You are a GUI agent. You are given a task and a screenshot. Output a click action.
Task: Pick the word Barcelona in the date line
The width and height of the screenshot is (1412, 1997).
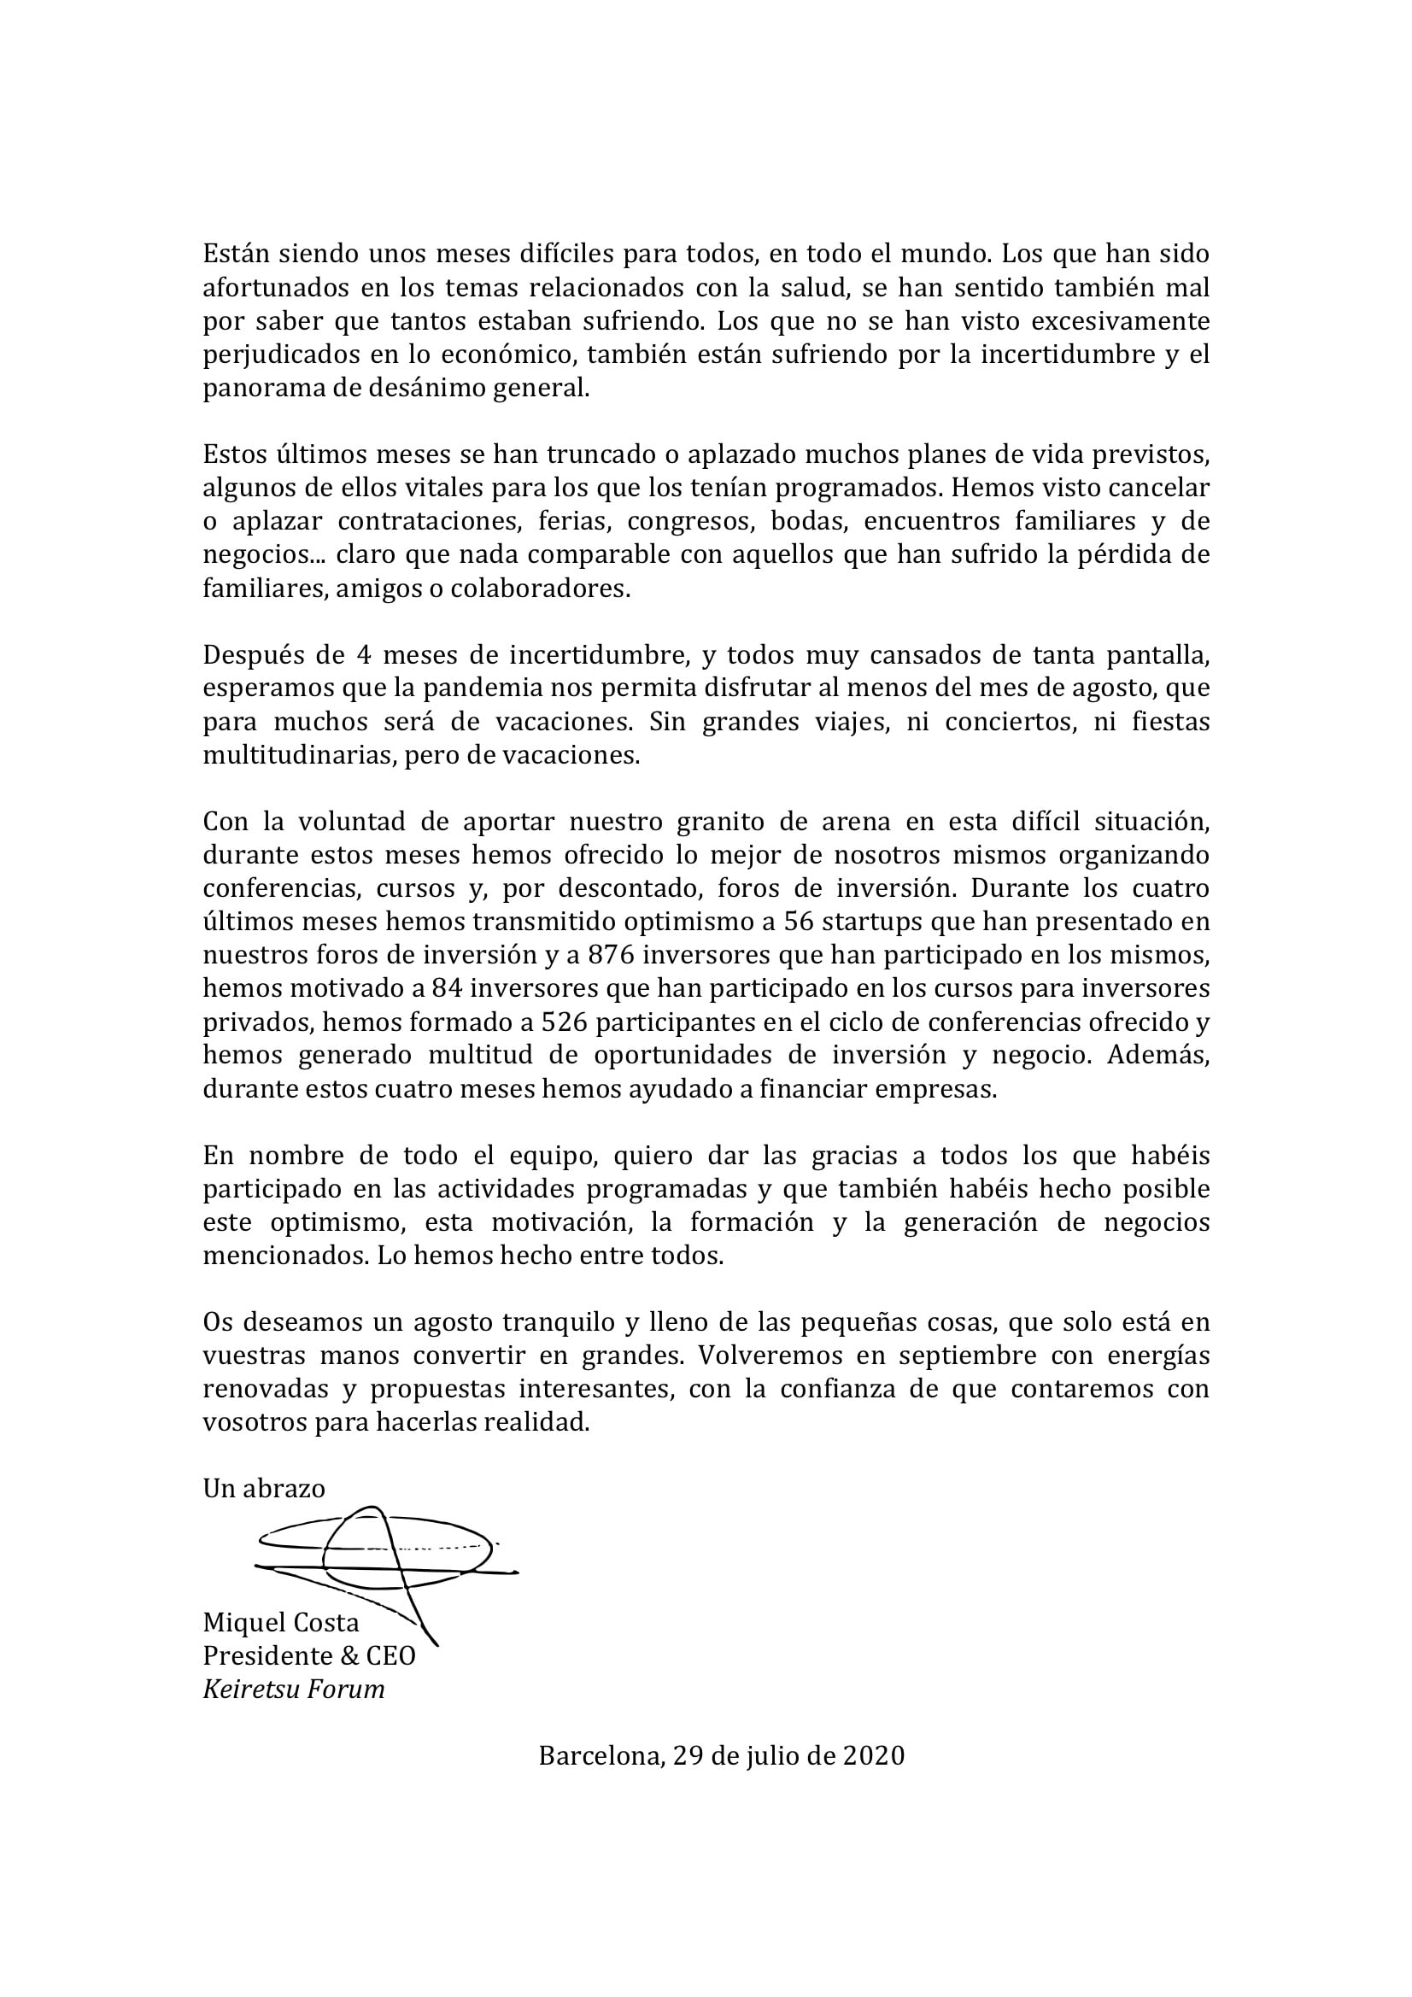(601, 1756)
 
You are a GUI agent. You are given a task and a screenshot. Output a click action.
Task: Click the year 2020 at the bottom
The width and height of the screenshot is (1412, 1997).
(875, 1756)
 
